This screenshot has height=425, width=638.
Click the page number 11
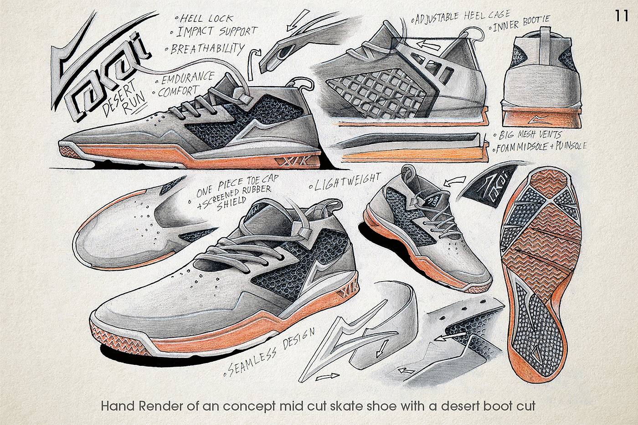[x=622, y=16]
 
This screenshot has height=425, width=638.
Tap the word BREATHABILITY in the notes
[x=207, y=49]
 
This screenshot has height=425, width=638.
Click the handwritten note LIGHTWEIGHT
[x=345, y=180]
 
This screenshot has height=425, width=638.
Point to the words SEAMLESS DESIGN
[x=270, y=353]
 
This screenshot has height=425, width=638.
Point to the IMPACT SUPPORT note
[x=216, y=32]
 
